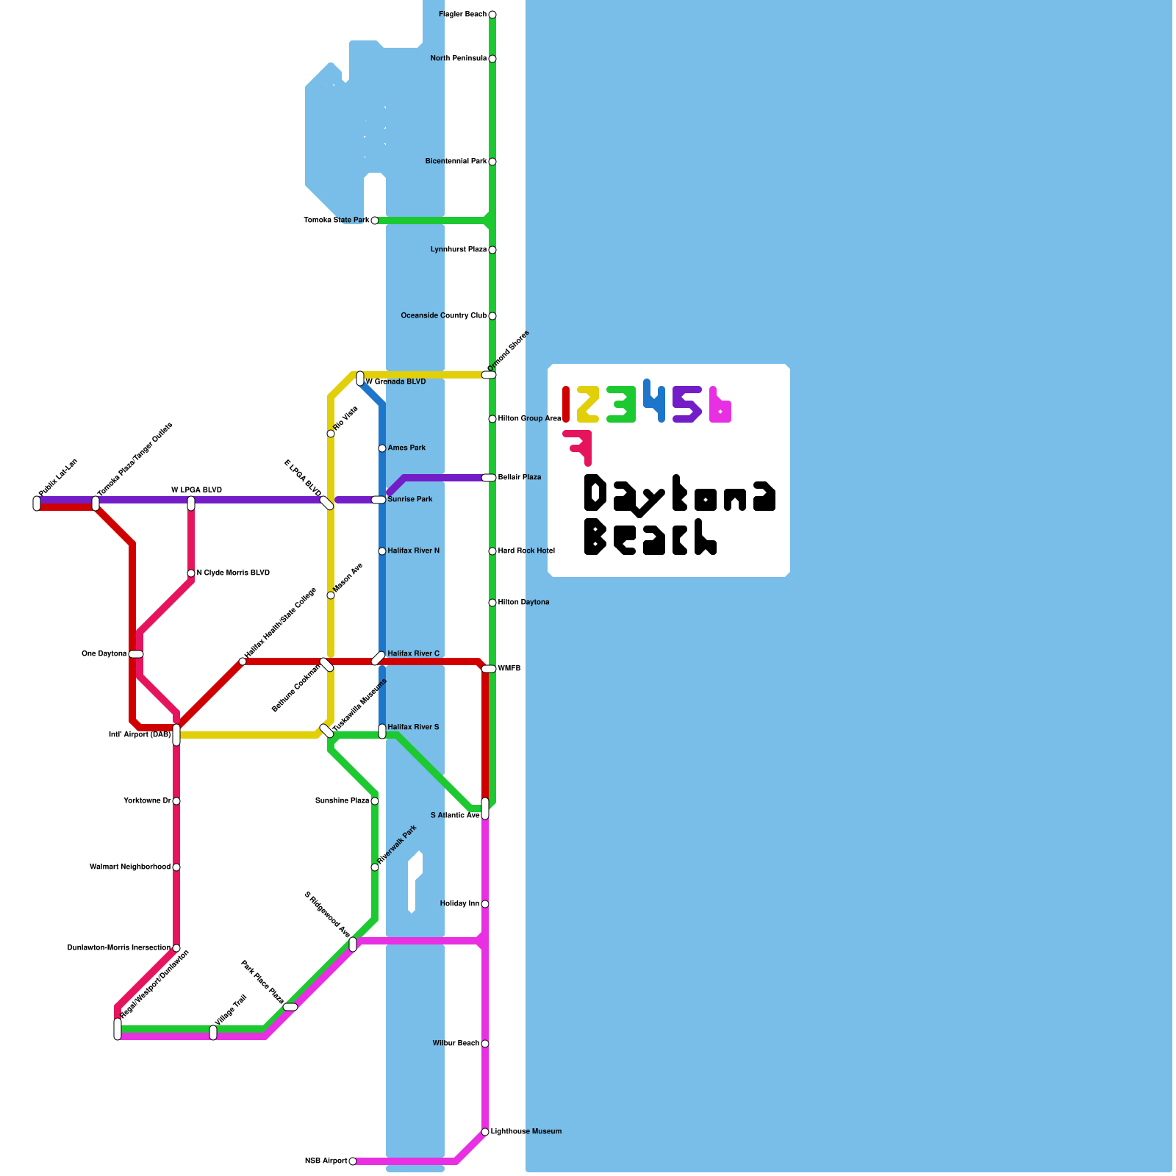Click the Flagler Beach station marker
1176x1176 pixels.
pyautogui.click(x=492, y=15)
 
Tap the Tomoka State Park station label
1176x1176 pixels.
pyautogui.click(x=337, y=220)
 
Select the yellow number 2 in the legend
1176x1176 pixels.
pyautogui.click(x=587, y=404)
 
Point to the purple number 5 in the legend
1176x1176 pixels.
pyautogui.click(x=686, y=404)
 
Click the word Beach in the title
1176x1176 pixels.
pyautogui.click(x=650, y=537)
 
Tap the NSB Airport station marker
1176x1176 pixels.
pyautogui.click(x=353, y=1161)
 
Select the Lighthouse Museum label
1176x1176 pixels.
pyautogui.click(x=526, y=1132)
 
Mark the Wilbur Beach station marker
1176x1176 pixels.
pyautogui.click(x=485, y=1044)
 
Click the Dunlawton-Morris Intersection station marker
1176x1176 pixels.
pyautogui.click(x=176, y=948)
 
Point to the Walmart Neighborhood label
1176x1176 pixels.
pyautogui.click(x=130, y=867)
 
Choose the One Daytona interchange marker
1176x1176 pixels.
pyautogui.click(x=136, y=654)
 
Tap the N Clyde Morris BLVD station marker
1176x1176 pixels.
pyautogui.click(x=191, y=573)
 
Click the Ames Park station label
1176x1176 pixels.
pyautogui.click(x=406, y=448)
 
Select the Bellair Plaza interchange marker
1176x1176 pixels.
pyautogui.click(x=489, y=478)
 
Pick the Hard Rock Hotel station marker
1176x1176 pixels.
pyautogui.click(x=492, y=551)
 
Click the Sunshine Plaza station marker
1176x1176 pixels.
pyautogui.click(x=375, y=801)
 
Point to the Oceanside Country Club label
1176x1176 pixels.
pyautogui.click(x=443, y=316)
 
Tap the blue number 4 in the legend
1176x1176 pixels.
pyautogui.click(x=654, y=401)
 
